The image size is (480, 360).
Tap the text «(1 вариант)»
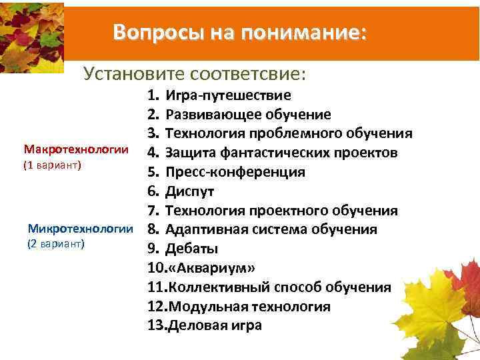[x=52, y=165]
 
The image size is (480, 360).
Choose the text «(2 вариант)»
[x=56, y=245]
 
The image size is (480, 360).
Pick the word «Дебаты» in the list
[x=192, y=249]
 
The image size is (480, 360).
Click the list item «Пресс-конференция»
[x=235, y=172]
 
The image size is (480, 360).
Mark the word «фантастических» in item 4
[x=271, y=153]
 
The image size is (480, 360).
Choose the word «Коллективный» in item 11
[x=213, y=287]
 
